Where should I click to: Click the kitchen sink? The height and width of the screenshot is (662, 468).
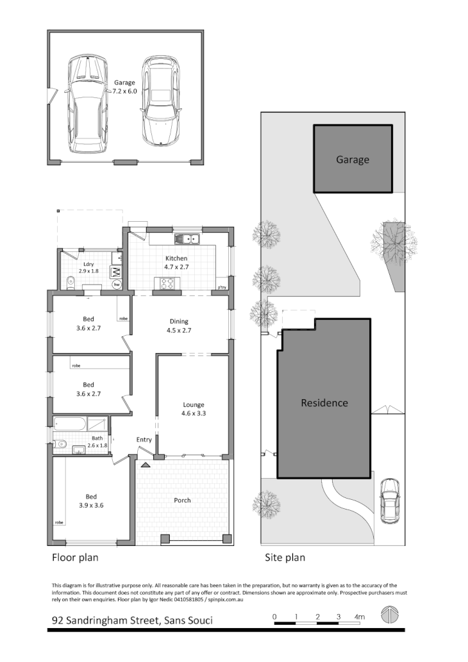tap(190, 240)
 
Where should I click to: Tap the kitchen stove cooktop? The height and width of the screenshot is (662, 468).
tap(168, 283)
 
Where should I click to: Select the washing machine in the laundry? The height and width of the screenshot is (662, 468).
tap(117, 271)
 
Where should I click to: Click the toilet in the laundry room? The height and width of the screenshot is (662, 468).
tap(69, 280)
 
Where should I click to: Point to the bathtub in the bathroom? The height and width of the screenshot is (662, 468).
tap(69, 424)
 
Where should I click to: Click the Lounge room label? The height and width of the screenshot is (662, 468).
tap(193, 404)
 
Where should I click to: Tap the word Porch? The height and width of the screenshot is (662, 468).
tap(183, 501)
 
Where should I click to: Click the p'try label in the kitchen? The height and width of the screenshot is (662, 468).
tap(222, 286)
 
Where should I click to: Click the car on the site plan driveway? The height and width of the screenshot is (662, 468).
tap(389, 500)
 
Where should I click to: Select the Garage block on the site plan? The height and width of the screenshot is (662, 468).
tap(353, 159)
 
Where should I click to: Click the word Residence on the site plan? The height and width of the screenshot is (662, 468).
tap(324, 403)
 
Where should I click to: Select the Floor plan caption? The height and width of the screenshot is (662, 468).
tap(75, 558)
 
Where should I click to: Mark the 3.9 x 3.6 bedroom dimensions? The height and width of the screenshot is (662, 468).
tap(90, 506)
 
